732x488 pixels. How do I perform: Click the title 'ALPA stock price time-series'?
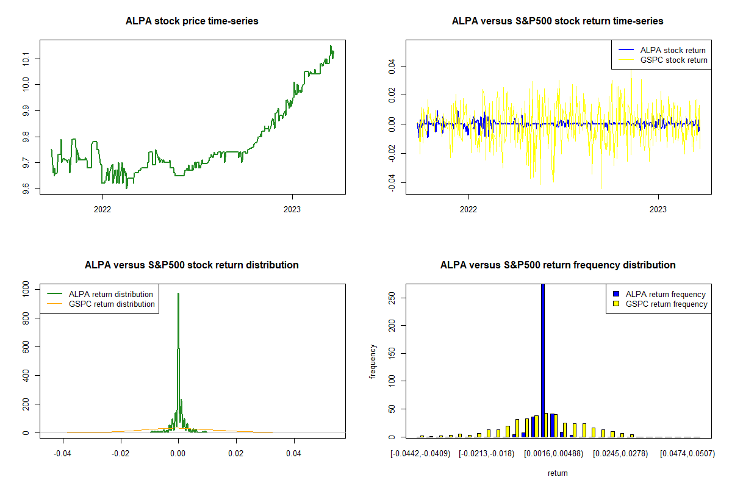[x=192, y=21]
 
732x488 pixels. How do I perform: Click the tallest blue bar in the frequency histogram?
[x=543, y=360]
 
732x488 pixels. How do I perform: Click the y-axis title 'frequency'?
[x=373, y=362]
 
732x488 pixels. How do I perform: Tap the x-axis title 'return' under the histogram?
[x=558, y=473]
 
